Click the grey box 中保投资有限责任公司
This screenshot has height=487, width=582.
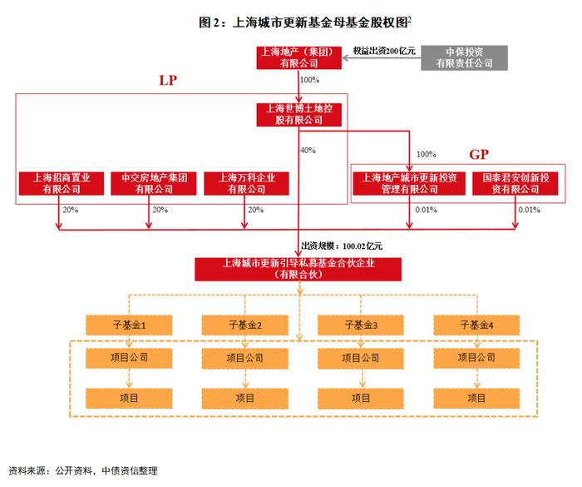point(464,57)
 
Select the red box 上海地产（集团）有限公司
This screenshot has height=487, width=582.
point(298,57)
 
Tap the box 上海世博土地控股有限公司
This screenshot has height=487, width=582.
point(298,115)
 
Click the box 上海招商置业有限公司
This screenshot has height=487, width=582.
point(62,183)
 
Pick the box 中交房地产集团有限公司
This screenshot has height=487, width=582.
point(154,183)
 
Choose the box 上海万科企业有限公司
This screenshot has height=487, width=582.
point(246,183)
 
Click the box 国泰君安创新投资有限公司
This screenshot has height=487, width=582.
point(515,183)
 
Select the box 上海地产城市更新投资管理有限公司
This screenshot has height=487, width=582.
point(409,183)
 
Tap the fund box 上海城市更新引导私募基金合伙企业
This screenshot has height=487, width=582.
point(298,269)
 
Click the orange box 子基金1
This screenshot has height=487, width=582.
point(129,325)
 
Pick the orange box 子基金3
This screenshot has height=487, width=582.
point(361,325)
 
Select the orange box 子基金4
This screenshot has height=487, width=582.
point(476,325)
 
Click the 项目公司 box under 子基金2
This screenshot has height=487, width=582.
point(245,358)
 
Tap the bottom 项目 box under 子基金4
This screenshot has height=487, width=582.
point(476,399)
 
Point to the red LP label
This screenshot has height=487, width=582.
point(168,80)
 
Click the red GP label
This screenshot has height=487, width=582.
point(479,154)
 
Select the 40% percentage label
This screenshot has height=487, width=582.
point(308,150)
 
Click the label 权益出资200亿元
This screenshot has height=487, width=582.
point(384,51)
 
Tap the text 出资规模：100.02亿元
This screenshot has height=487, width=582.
point(342,246)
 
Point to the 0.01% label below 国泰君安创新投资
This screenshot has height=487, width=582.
point(530,210)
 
